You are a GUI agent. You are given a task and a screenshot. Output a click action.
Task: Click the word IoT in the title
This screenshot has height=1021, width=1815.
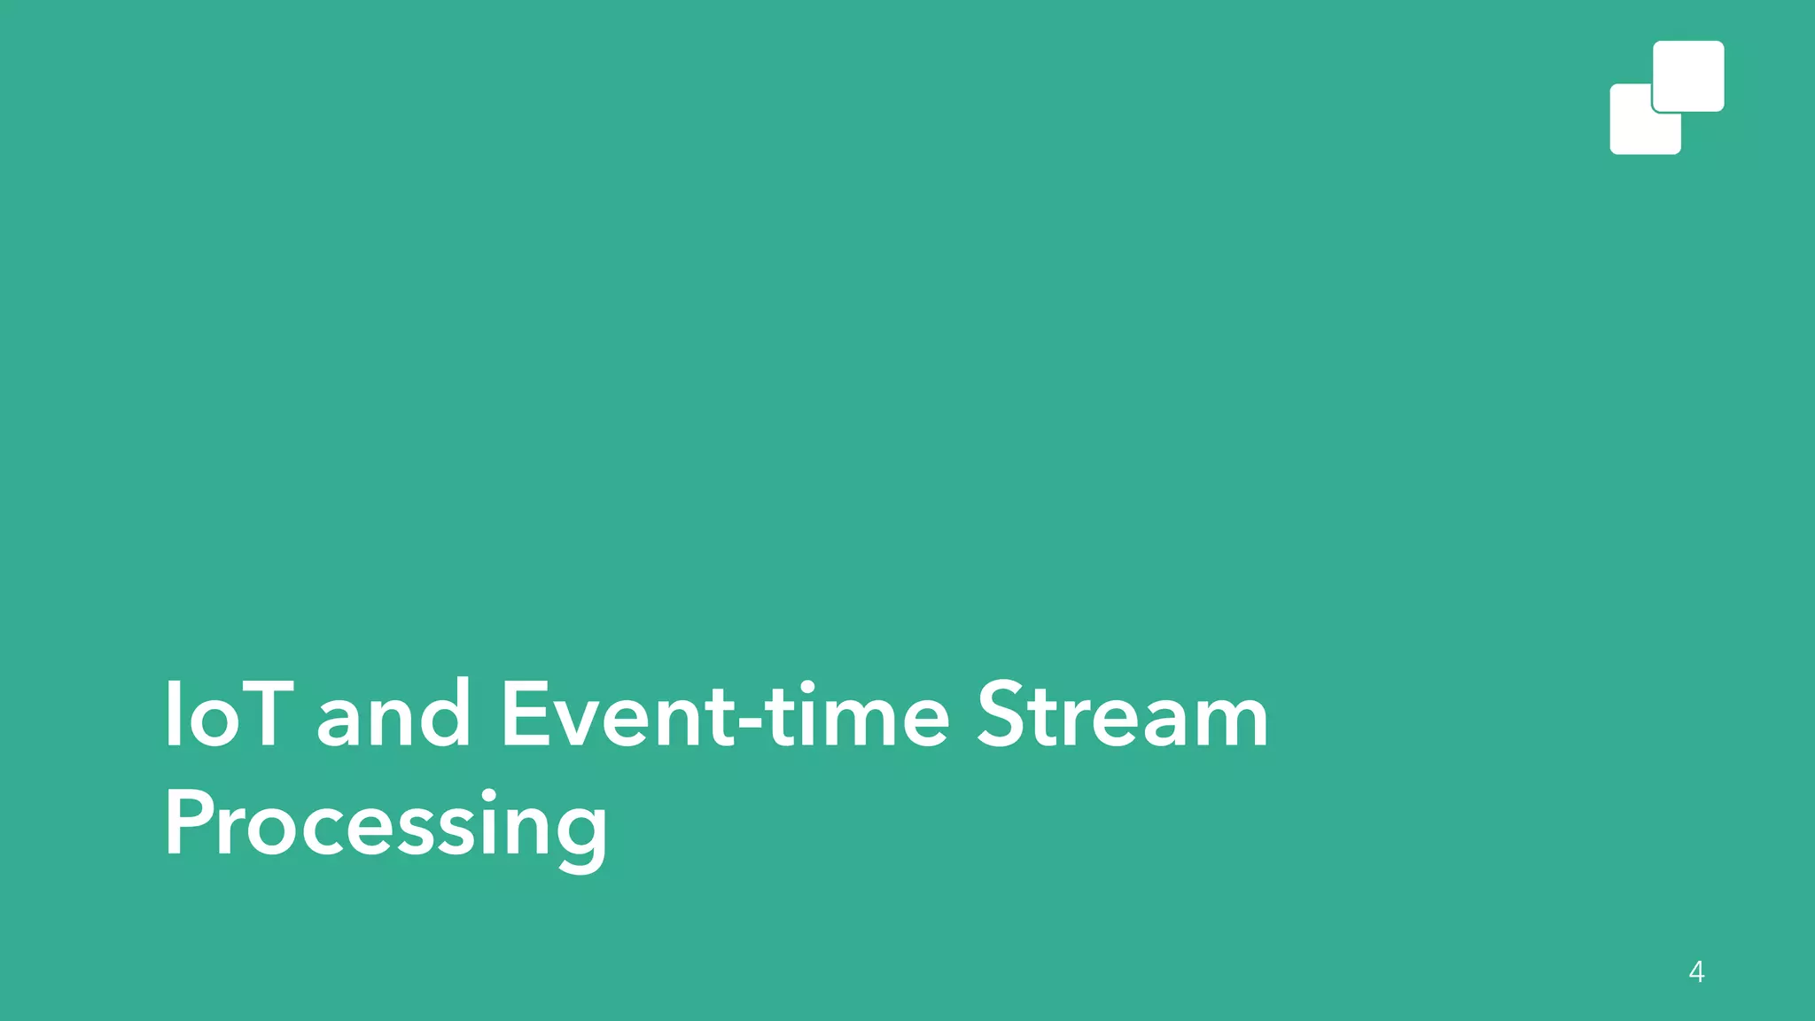coord(228,714)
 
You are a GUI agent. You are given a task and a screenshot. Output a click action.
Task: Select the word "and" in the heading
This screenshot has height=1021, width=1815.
coord(393,714)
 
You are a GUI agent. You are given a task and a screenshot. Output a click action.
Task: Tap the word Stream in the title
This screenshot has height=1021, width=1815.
coord(1122,714)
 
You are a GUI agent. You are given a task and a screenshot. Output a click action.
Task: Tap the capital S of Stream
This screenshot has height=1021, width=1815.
coord(1002,714)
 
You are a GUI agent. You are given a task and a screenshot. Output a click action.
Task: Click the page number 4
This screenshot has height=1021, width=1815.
coord(1696,972)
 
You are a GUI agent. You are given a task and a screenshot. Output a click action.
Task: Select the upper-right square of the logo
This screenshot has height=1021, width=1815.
coord(1689,74)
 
